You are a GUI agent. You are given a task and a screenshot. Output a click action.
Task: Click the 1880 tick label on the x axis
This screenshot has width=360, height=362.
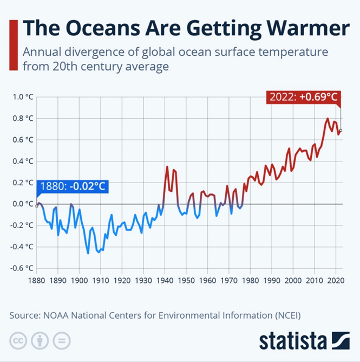[x=36, y=280]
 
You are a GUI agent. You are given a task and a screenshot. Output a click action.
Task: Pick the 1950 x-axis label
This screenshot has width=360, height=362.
[x=186, y=280]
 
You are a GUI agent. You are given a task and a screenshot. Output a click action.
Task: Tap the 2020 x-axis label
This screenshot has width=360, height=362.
[x=336, y=280]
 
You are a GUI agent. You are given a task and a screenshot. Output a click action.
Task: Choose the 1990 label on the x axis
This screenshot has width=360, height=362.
[x=271, y=280]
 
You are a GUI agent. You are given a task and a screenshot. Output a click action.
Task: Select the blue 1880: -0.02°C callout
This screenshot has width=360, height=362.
[x=71, y=187]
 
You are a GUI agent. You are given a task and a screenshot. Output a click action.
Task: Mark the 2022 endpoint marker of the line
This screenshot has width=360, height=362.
[x=341, y=130]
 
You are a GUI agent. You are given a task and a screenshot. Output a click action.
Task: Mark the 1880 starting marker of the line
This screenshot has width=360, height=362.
[x=36, y=205]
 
